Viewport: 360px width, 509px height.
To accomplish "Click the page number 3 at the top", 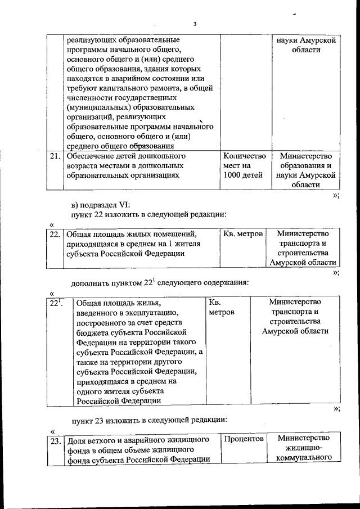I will click(193, 24).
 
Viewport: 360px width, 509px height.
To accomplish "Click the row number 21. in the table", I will click(55, 156).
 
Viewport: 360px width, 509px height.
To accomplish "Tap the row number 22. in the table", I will click(55, 233).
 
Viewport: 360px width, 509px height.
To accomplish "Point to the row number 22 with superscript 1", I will click(55, 304).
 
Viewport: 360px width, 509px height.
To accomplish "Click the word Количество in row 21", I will click(244, 156).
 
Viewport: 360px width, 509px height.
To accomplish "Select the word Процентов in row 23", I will click(244, 438).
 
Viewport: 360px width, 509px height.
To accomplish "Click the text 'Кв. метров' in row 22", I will click(243, 233).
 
